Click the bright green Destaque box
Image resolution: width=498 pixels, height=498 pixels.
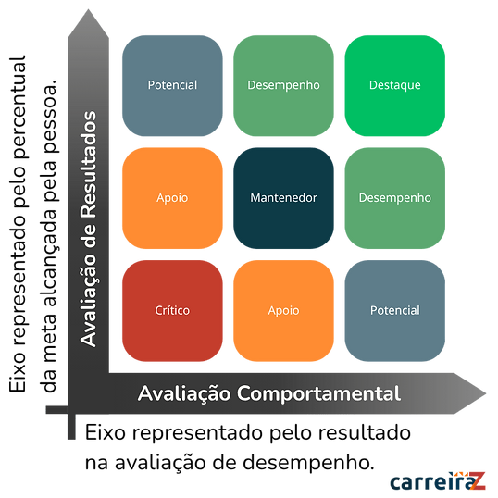[394, 85]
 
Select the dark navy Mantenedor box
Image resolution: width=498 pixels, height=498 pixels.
[283, 198]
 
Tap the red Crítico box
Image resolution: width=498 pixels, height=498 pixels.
[172, 311]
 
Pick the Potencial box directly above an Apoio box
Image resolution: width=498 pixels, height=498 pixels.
[172, 85]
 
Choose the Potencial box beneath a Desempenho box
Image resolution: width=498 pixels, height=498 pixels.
[394, 311]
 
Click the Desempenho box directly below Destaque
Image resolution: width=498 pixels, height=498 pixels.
[394, 198]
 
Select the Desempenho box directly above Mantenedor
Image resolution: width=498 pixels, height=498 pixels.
[283, 85]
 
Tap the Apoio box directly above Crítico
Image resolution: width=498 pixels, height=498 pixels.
[172, 198]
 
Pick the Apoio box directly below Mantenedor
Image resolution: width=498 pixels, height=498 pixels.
[283, 311]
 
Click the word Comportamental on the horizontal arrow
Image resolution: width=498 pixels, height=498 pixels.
[318, 394]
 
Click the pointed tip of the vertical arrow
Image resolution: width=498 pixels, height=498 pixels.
[88, 9]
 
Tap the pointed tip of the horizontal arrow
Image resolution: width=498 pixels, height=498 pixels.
[486, 393]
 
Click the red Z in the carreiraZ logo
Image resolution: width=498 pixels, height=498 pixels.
[478, 481]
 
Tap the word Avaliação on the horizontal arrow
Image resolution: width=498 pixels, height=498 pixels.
[184, 394]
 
